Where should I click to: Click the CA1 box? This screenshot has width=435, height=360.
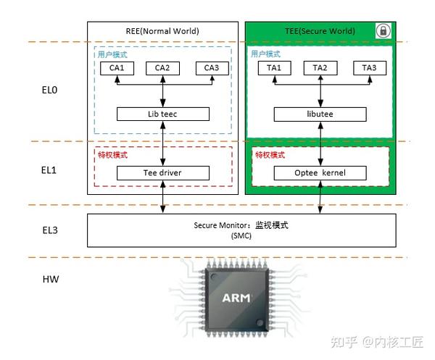[x=116, y=68]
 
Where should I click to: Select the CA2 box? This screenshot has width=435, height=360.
[x=162, y=68]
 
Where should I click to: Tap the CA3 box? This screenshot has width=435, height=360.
[x=211, y=68]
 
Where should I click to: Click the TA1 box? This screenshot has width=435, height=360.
[x=273, y=68]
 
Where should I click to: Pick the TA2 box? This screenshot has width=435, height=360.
[x=320, y=68]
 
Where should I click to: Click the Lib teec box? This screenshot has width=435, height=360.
[x=163, y=114]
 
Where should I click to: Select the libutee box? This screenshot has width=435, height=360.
[x=320, y=114]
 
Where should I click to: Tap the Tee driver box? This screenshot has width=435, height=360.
[x=163, y=173]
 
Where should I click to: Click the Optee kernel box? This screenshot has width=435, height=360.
[x=320, y=173]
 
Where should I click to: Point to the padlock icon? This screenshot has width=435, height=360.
[x=382, y=31]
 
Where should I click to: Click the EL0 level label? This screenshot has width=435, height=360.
[x=49, y=92]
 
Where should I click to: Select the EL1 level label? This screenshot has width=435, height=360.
[x=49, y=172]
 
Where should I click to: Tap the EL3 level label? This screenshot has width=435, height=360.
[x=49, y=230]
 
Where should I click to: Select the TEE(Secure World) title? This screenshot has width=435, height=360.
[x=320, y=31]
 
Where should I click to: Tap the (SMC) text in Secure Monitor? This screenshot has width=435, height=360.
[x=241, y=236]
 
